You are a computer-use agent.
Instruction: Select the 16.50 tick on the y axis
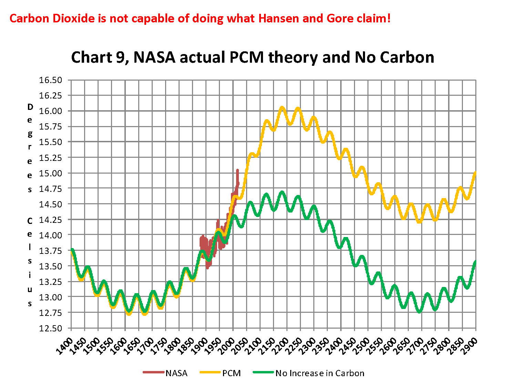(x=50, y=80)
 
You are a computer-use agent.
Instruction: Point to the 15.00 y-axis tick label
(x=50, y=173)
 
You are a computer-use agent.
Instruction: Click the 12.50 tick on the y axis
(x=50, y=328)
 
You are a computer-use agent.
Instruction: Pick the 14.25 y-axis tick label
(x=50, y=220)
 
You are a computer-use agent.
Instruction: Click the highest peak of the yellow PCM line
(x=282, y=108)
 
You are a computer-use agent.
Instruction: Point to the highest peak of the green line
(x=282, y=192)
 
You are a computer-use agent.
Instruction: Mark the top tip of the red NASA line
(x=237, y=170)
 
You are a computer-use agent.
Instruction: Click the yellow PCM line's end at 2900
(x=476, y=172)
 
